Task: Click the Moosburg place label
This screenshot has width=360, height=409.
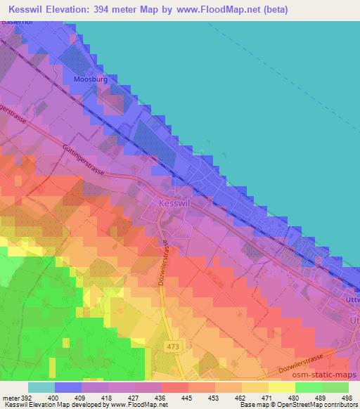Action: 89,79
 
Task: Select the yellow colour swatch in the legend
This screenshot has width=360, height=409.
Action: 281,387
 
